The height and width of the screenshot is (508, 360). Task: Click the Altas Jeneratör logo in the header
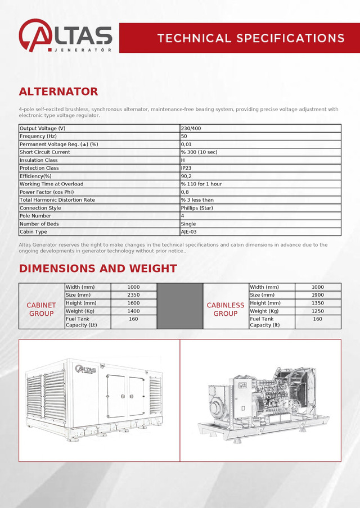tap(65, 37)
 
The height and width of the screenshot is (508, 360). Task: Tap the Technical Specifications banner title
tap(251, 38)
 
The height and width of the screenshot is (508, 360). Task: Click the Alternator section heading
tap(58, 92)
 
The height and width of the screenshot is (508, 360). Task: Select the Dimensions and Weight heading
tap(98, 269)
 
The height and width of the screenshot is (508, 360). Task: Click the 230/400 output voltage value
tap(191, 129)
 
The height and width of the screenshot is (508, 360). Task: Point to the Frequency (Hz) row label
tap(38, 137)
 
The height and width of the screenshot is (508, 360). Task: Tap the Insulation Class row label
tap(39, 160)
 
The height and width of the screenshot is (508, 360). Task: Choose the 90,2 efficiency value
tap(186, 176)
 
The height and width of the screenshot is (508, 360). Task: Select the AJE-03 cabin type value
tap(188, 232)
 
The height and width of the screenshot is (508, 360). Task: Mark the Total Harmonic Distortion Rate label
tap(57, 200)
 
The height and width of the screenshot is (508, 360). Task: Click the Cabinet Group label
tap(42, 309)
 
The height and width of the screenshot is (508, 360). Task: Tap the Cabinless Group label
tap(226, 309)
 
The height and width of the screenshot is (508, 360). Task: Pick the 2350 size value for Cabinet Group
tap(133, 295)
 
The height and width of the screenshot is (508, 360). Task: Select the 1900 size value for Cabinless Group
tap(318, 295)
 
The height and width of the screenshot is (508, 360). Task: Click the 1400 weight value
tap(133, 311)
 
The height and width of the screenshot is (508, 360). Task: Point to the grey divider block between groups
tap(180, 306)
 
